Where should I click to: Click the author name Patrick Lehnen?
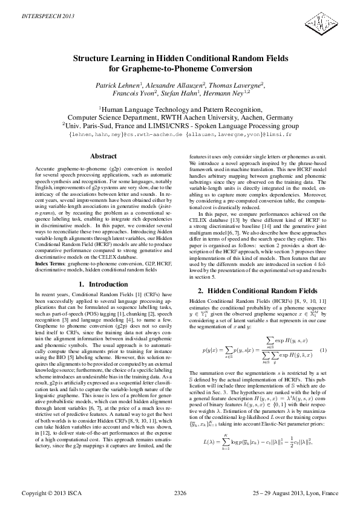tap(119, 86)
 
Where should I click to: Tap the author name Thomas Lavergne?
tap(237, 86)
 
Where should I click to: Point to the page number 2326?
tap(180, 493)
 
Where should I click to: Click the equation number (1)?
tap(323, 351)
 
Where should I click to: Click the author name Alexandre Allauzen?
tap(177, 86)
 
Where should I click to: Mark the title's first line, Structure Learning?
tap(180, 59)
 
